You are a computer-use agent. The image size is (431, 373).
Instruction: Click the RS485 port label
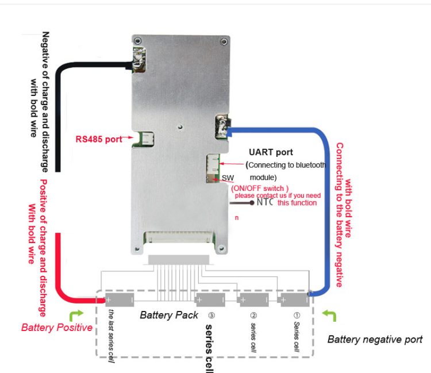99,139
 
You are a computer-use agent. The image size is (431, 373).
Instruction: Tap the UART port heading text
271,152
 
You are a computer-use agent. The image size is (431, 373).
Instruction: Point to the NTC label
265,202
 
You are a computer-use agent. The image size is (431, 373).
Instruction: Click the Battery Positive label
56,328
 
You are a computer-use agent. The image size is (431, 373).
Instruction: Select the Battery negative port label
375,339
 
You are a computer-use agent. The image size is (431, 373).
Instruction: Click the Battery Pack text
169,315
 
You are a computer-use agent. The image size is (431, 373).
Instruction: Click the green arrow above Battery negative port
329,315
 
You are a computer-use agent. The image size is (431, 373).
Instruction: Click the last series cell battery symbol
120,299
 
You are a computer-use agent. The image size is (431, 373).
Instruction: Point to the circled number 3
211,316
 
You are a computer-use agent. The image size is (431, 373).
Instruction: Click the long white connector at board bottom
179,236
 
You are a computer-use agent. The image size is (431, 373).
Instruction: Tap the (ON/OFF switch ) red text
260,188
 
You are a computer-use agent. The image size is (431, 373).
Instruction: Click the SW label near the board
228,179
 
